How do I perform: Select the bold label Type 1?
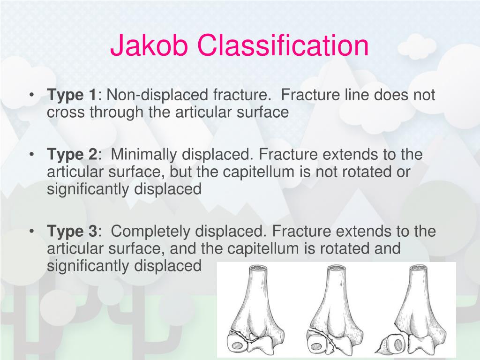tap(71, 95)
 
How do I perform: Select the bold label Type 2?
tap(71, 155)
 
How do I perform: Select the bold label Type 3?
tap(71, 231)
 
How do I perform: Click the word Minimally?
tap(143, 155)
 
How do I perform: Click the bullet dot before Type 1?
tap(31, 96)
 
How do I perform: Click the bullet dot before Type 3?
tap(31, 232)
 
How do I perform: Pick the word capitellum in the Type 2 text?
tap(255, 172)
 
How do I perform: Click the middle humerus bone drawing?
tap(335, 309)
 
